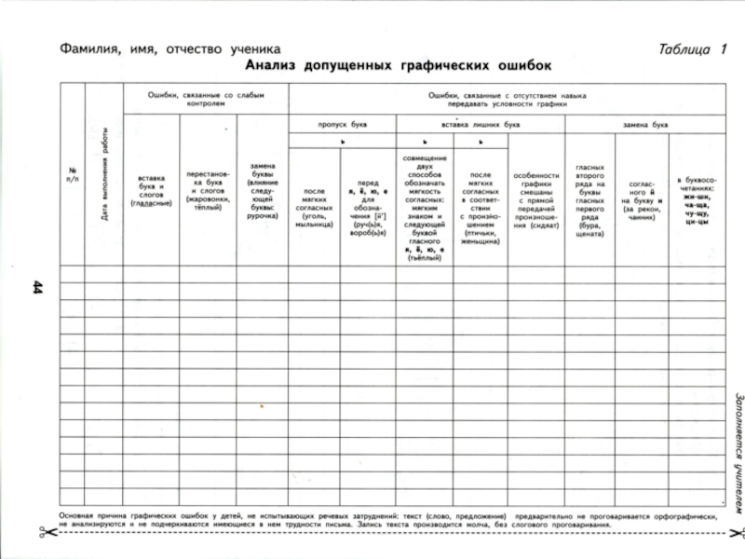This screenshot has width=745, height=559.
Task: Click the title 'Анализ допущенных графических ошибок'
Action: click(x=398, y=67)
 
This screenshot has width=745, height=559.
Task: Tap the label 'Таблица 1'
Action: click(x=691, y=49)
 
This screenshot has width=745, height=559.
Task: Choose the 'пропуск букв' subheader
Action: click(x=342, y=123)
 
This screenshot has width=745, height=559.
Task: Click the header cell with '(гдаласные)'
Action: click(x=151, y=189)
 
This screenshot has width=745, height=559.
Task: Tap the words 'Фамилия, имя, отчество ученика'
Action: click(x=167, y=48)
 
